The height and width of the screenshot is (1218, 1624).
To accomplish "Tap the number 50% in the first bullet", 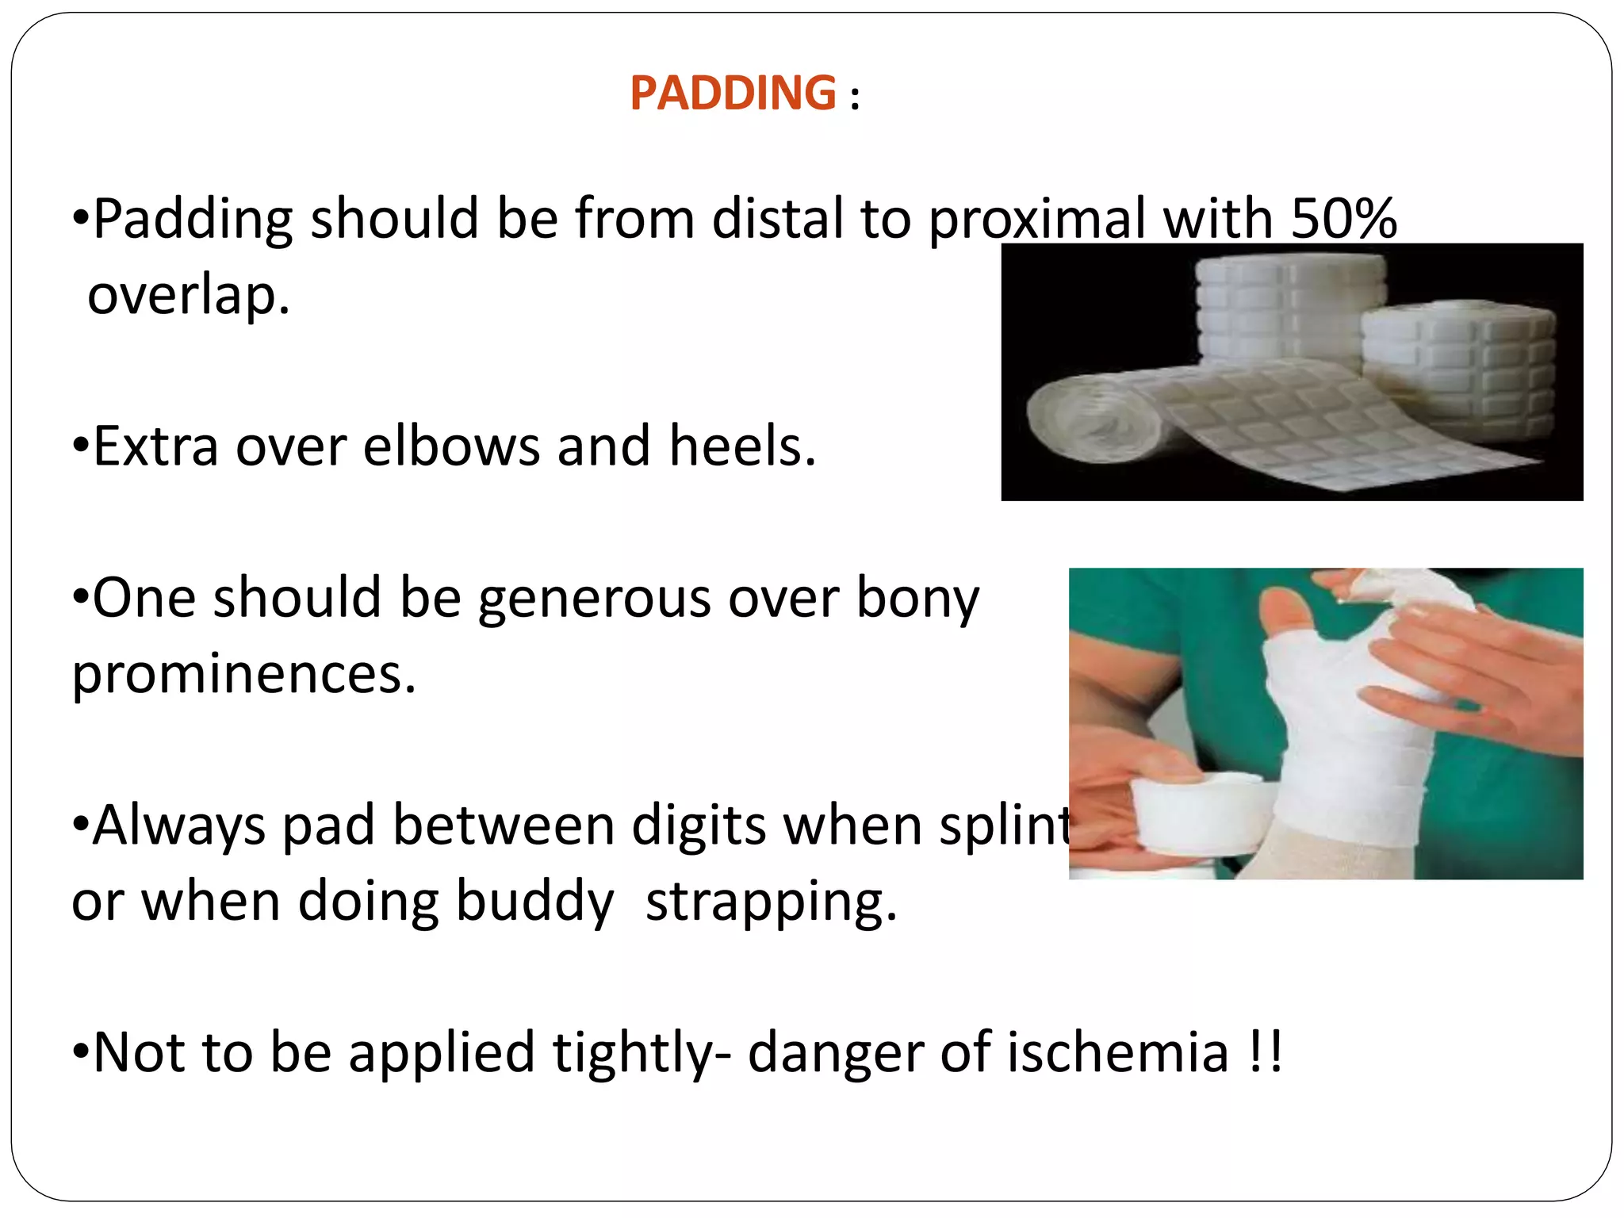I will point(1343,218).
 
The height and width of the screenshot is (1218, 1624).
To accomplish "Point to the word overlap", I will point(188,295).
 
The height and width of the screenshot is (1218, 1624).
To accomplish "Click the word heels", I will point(741,446).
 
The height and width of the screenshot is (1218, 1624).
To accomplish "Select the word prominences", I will point(243,674).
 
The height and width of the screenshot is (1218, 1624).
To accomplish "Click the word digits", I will point(699,825).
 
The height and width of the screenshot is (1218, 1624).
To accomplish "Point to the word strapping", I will point(771,902).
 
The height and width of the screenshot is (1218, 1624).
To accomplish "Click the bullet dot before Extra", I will point(80,446).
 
